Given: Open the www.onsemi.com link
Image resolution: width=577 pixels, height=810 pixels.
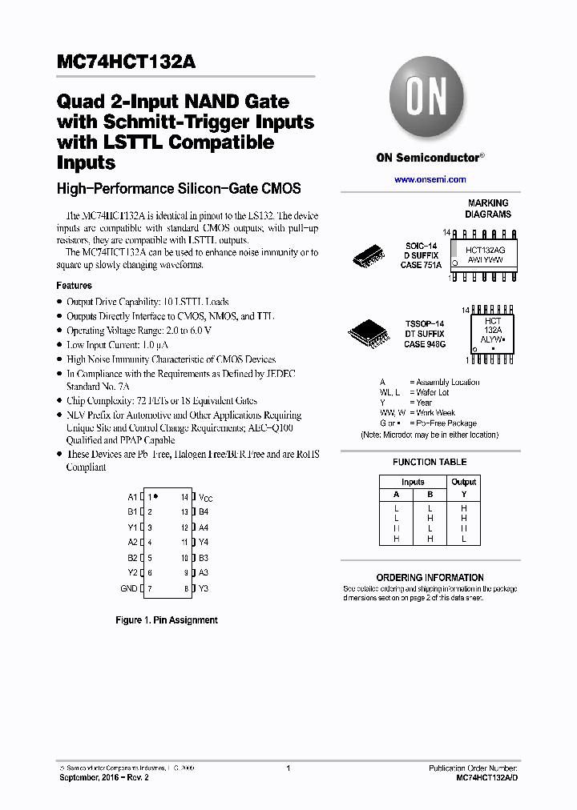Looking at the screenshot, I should click(430, 179).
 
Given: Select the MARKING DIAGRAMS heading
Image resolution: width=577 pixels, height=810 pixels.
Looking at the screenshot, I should click(487, 209).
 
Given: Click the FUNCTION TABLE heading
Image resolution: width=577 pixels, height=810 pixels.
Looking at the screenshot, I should click(430, 462).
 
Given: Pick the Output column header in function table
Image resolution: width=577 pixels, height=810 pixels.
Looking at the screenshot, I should click(463, 482).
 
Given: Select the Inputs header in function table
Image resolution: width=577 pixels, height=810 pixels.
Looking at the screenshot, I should click(413, 482).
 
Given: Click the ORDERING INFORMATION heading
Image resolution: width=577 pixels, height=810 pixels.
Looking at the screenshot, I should click(430, 577).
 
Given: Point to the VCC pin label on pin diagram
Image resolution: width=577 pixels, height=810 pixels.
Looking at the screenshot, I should click(206, 498).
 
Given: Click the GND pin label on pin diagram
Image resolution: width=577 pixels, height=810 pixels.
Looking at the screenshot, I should click(129, 588).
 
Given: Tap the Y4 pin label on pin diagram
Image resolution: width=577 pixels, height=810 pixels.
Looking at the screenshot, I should click(204, 543).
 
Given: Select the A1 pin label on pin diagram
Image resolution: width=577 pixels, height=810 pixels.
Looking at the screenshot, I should click(132, 497).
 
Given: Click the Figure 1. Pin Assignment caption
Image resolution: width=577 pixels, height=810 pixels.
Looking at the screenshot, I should click(167, 620).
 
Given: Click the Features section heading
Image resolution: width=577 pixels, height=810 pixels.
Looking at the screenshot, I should click(74, 286).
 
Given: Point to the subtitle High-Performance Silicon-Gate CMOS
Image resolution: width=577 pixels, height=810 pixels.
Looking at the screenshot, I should click(179, 189).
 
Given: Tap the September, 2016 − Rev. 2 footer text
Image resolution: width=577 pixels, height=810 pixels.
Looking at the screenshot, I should click(104, 778).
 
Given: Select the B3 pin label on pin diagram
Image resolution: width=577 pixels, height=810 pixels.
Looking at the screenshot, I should click(204, 558).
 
